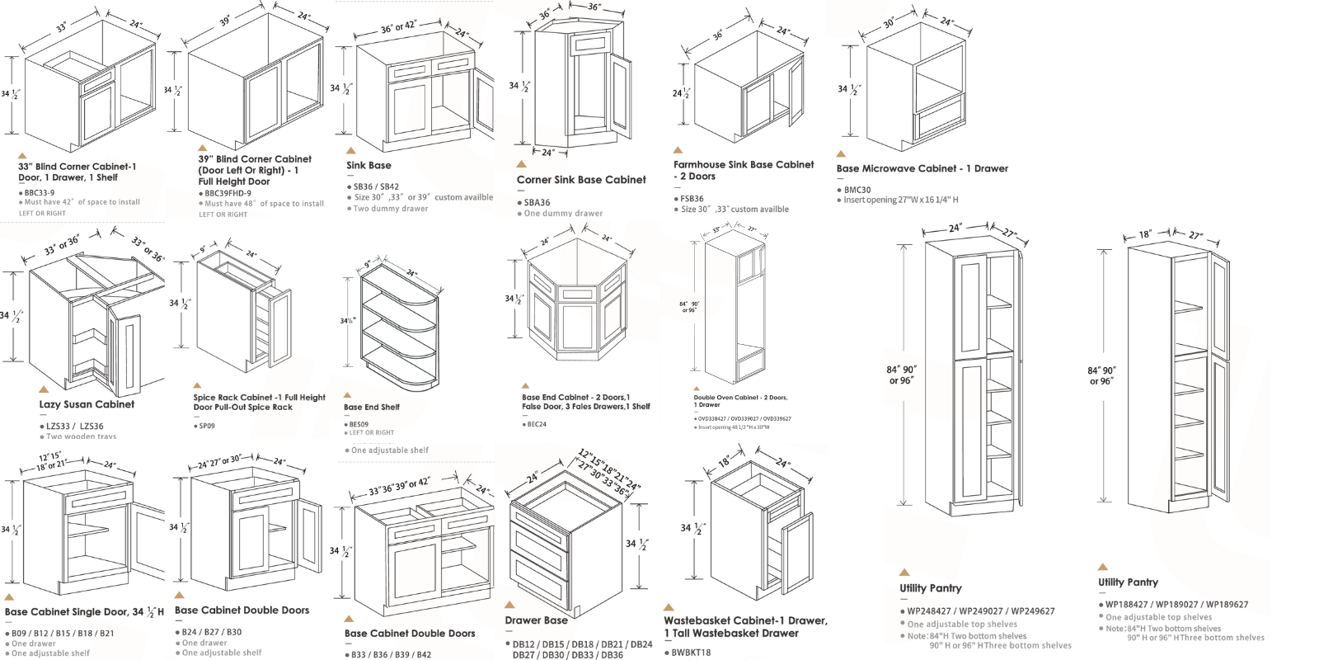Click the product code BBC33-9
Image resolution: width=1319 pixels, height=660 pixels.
pos(40,192)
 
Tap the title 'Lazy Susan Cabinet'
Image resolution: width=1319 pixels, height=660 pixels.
pos(87,404)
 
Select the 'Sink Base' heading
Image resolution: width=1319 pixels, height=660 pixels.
pos(368,165)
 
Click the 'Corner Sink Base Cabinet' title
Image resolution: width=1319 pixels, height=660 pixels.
pos(581,179)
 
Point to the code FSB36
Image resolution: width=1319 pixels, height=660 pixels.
pos(692,199)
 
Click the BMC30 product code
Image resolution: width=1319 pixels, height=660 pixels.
pos(857,190)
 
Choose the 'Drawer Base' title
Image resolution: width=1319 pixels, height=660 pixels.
pos(536,620)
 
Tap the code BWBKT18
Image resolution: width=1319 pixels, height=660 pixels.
pos(691,653)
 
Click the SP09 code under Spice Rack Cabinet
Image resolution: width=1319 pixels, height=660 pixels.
pos(207,426)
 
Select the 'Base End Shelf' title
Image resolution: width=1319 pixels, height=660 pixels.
pos(372,407)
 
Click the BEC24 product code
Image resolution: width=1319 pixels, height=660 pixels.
pos(536,424)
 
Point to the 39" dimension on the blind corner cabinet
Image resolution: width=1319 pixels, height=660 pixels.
pos(225,20)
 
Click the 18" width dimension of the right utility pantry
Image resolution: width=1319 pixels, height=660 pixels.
pos(1145,234)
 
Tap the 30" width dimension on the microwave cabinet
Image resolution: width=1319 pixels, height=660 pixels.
pos(889,23)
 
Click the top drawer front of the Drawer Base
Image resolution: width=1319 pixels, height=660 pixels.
pos(540,520)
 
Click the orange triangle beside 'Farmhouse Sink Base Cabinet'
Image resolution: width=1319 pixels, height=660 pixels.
pos(678,150)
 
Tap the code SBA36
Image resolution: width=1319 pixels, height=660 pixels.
pos(537,202)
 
